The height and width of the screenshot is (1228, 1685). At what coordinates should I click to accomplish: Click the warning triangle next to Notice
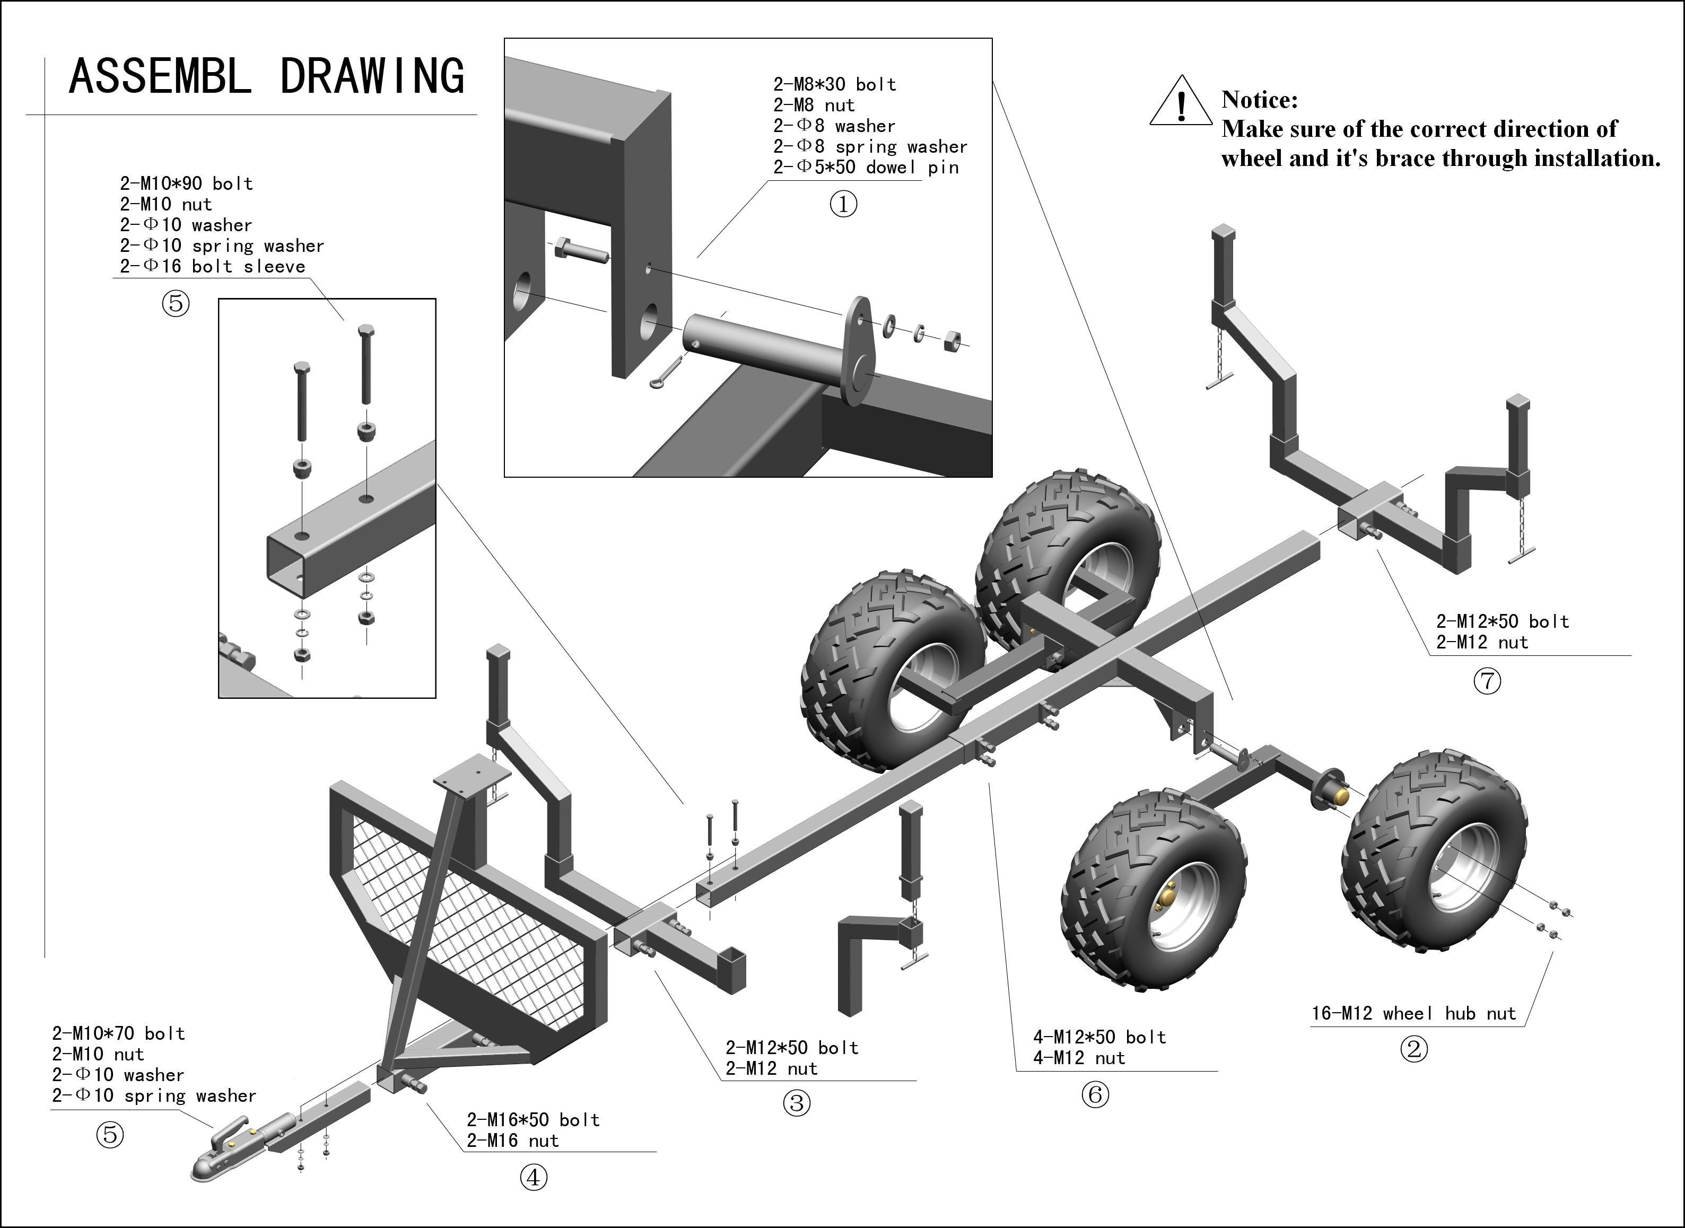[1180, 102]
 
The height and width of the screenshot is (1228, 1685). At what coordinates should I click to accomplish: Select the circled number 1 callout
[843, 204]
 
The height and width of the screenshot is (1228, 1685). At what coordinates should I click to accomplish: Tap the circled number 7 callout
[1487, 681]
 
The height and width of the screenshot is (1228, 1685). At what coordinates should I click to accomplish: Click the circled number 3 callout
[797, 1103]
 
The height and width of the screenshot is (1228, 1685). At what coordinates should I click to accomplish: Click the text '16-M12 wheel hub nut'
[1413, 1013]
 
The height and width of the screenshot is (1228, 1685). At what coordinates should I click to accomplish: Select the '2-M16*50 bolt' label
[533, 1119]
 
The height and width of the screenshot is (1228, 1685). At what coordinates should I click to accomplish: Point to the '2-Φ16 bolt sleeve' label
[213, 266]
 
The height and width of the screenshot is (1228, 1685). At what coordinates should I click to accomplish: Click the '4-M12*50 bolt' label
[1099, 1037]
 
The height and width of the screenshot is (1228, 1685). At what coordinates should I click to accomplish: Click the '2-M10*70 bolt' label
[118, 1033]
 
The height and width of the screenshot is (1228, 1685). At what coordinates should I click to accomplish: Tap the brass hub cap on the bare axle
[1341, 795]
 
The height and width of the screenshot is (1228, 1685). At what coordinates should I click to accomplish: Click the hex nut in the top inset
[950, 342]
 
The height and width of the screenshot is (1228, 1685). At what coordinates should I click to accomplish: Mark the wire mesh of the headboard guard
[476, 914]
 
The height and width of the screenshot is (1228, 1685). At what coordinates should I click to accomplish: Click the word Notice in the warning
[1260, 100]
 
